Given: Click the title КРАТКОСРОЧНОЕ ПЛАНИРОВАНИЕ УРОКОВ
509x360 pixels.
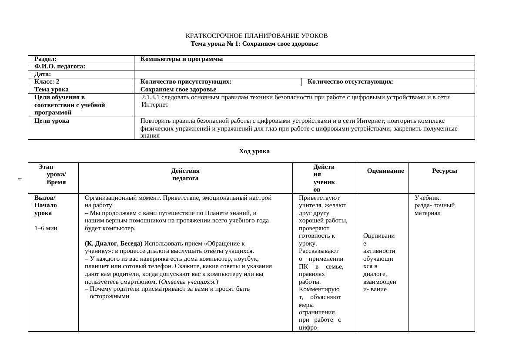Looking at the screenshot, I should [x=256, y=36].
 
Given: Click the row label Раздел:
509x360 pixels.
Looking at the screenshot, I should [x=45, y=59].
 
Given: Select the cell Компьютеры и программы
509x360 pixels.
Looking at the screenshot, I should [x=181, y=59].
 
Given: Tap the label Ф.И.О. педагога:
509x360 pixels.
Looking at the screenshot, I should [x=60, y=67].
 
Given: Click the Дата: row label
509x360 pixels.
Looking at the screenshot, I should [x=43, y=74].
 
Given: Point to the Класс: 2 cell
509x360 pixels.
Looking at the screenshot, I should [x=47, y=82].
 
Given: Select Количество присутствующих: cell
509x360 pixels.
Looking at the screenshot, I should [x=186, y=82].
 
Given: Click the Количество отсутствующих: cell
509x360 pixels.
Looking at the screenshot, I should [x=350, y=82].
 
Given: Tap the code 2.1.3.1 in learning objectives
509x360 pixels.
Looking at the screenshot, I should [x=151, y=98].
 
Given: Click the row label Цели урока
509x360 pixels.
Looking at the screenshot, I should [x=51, y=121].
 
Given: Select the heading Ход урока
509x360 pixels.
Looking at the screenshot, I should [x=254, y=151].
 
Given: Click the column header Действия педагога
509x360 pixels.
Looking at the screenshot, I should [x=185, y=175].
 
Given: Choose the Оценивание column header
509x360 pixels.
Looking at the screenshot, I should [x=385, y=171].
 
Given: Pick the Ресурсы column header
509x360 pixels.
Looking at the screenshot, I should [x=444, y=171].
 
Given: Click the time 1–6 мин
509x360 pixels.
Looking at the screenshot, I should [x=46, y=229].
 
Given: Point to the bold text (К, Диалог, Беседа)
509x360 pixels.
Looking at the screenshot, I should [x=114, y=244].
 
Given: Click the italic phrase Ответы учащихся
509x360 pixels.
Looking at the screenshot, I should [x=188, y=282].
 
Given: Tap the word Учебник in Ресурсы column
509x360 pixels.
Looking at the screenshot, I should [x=427, y=198].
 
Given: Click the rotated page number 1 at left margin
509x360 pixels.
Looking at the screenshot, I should [x=20, y=179].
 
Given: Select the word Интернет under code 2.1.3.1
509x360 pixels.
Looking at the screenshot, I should [x=154, y=105].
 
